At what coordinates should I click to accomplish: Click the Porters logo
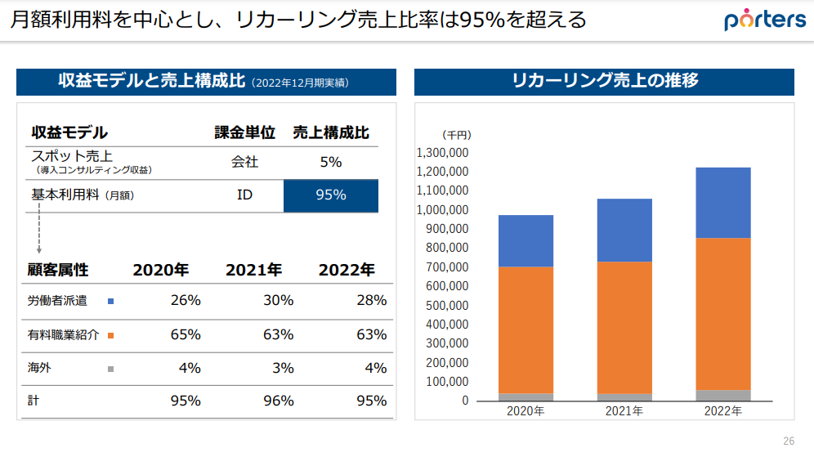click(x=764, y=20)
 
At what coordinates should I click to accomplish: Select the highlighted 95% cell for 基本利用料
click(x=331, y=195)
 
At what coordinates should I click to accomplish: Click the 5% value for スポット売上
click(x=331, y=162)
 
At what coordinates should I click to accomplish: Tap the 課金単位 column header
click(x=244, y=132)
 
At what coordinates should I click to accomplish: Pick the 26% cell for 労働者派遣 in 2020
click(x=186, y=300)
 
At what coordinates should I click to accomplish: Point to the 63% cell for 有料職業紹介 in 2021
click(x=279, y=334)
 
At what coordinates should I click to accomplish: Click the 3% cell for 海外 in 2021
click(x=283, y=368)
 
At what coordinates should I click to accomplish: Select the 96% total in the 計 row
click(x=279, y=401)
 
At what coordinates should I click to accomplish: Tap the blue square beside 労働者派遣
click(x=110, y=301)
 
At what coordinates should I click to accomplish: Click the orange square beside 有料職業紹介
click(x=110, y=335)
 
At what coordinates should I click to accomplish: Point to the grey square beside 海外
click(x=110, y=369)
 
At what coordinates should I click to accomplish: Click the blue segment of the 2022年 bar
click(x=722, y=203)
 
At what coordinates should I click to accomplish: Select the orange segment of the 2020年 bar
click(x=526, y=330)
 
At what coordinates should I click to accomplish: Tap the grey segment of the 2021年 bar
click(x=624, y=397)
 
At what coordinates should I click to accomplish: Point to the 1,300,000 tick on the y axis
click(x=442, y=153)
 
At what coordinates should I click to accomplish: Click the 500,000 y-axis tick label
click(x=447, y=305)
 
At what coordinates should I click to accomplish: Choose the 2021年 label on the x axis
click(x=624, y=411)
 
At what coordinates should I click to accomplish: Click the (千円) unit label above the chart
click(x=457, y=135)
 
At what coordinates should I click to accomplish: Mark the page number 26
click(x=789, y=441)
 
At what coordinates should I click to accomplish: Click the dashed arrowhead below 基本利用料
click(x=38, y=249)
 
